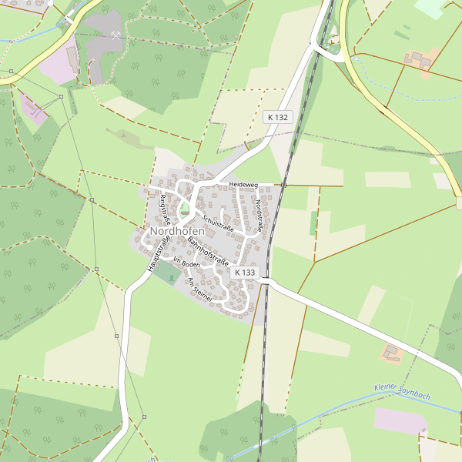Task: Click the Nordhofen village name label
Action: [178, 231]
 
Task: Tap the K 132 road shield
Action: [278, 117]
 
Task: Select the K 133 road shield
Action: [245, 273]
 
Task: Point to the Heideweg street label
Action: [242, 185]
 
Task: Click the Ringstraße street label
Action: [164, 209]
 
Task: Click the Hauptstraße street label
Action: [157, 253]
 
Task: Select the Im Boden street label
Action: [187, 263]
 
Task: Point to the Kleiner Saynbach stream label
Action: [402, 390]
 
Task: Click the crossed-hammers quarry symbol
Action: [115, 35]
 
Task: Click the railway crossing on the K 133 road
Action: [266, 281]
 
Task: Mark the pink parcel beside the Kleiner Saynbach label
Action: [400, 421]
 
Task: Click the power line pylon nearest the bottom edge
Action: [144, 417]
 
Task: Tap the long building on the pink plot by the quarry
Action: [72, 56]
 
